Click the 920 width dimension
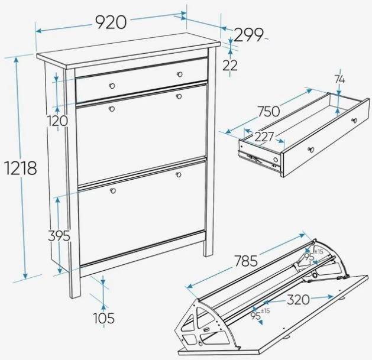pos(111,22)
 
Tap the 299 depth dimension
pos(248,35)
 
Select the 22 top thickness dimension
pos(230,65)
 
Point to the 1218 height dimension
pos(21,168)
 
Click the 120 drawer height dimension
pos(57,121)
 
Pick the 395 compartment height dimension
pos(59,236)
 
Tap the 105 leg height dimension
pos(103,318)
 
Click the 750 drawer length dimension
pos(269,112)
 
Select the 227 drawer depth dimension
pos(264,137)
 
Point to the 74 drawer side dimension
pos(340,79)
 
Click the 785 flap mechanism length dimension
pos(246,261)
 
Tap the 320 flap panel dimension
pos(298,300)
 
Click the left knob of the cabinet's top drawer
pos(112,86)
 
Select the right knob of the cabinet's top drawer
pos(180,74)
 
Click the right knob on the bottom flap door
pos(179,175)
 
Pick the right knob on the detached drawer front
pos(354,121)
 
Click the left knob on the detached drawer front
pos(310,149)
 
